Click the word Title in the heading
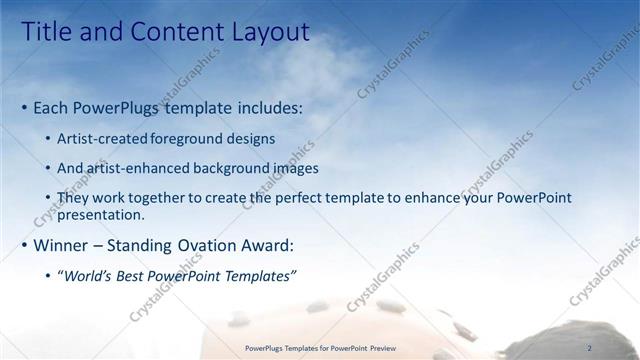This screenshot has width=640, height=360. [x=46, y=33]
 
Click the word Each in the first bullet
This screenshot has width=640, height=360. [x=52, y=106]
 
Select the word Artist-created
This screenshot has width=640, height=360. [x=103, y=138]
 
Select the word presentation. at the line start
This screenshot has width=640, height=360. [x=101, y=214]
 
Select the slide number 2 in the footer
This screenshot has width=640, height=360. [x=590, y=348]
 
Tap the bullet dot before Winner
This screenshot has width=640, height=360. [x=24, y=245]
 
